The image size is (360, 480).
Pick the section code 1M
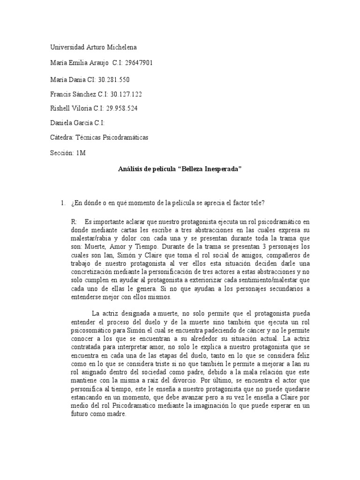tap(81, 152)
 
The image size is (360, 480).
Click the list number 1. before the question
tap(62, 202)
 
